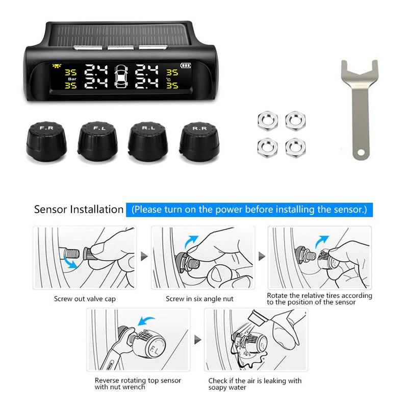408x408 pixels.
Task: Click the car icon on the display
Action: (x=121, y=76)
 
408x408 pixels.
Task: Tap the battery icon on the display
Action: (x=186, y=65)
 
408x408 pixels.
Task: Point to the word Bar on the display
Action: (x=72, y=79)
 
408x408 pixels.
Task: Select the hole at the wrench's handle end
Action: (x=361, y=152)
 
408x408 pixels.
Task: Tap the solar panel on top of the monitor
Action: (x=118, y=35)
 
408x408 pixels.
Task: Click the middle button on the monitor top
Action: (x=120, y=47)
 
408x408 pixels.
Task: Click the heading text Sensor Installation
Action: (x=79, y=210)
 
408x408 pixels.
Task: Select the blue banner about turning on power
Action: (x=249, y=210)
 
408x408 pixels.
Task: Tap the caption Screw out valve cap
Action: (x=85, y=299)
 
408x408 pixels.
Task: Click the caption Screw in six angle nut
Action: (x=199, y=299)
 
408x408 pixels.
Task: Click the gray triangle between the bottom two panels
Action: (x=197, y=340)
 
